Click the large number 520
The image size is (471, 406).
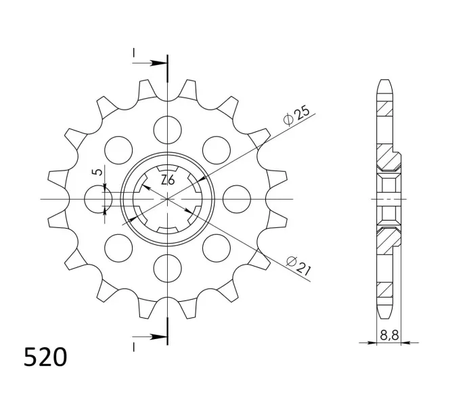coord(45,357)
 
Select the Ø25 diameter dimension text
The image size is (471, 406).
coord(296,115)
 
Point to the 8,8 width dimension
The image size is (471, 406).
coord(389,335)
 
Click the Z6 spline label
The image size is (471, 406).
coord(168,180)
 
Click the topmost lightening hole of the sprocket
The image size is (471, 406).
coord(167,130)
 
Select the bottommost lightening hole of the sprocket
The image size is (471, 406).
coord(167,268)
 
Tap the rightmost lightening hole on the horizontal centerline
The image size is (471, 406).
coord(237,199)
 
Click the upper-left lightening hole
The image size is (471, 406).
coord(118,150)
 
